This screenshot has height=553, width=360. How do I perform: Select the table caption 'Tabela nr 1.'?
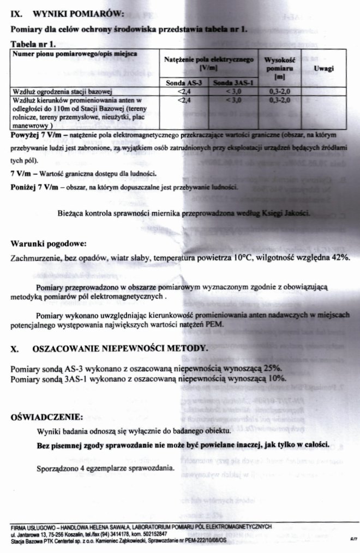[x=33, y=43]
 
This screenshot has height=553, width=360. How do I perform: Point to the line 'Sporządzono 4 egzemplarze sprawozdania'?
[x=105, y=468]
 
